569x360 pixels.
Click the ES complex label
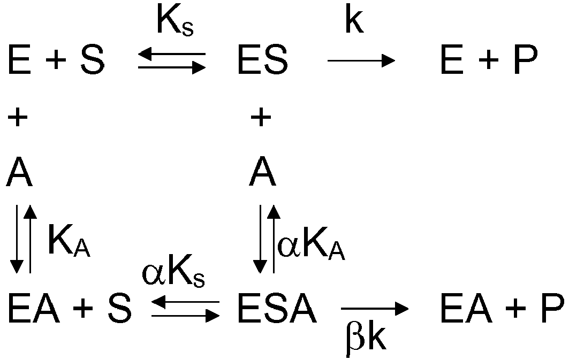(263, 59)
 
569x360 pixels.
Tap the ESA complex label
(277, 308)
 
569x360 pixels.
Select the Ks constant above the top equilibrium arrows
(176, 21)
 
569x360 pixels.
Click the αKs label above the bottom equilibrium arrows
(173, 273)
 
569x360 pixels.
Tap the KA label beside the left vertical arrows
(69, 240)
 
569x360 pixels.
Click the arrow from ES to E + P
(361, 60)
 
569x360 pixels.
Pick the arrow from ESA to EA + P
(375, 309)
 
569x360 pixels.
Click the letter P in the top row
(526, 59)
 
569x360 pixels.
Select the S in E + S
(93, 59)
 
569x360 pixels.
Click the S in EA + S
(119, 308)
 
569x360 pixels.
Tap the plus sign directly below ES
(261, 117)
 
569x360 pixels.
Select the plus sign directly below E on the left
(18, 117)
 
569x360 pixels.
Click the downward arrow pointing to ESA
(260, 239)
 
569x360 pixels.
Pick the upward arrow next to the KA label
(30, 239)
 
